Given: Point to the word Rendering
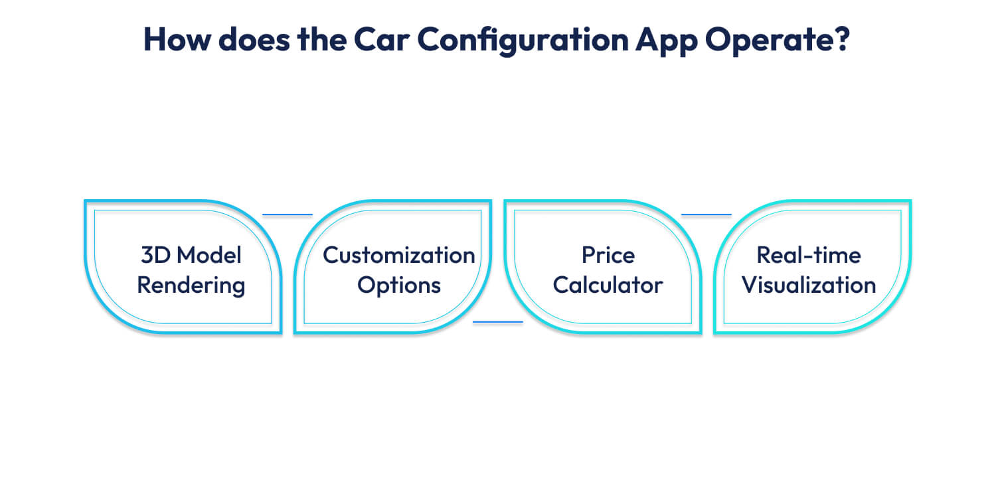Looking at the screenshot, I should coord(191,286).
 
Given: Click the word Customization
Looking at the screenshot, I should coord(398,255).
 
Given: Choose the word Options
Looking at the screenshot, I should coord(398,286).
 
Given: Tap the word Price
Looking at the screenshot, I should coord(608,255).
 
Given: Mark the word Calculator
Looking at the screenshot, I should coord(608,286).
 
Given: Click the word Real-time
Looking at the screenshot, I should coord(809,255).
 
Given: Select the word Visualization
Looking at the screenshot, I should coord(809,286).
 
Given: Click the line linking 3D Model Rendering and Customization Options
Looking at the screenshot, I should coord(288,214).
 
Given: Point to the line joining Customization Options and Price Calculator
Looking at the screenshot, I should coord(498,322).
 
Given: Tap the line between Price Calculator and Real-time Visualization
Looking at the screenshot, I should coord(706,214).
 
